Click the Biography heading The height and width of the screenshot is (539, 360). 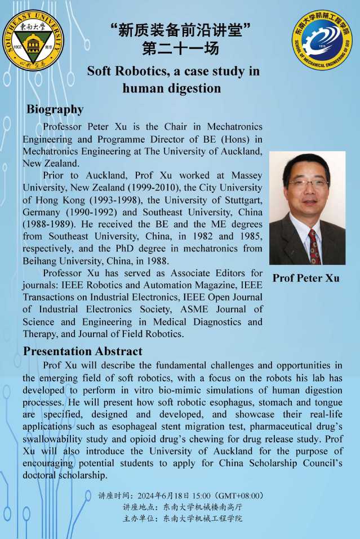click(55, 109)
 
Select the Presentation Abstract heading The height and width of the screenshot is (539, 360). click(83, 352)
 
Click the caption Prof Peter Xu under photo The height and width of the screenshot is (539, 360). click(306, 278)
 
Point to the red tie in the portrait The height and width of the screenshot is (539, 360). click(313, 245)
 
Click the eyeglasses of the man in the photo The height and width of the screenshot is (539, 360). click(308, 183)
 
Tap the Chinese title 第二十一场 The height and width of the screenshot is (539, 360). click(180, 49)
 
